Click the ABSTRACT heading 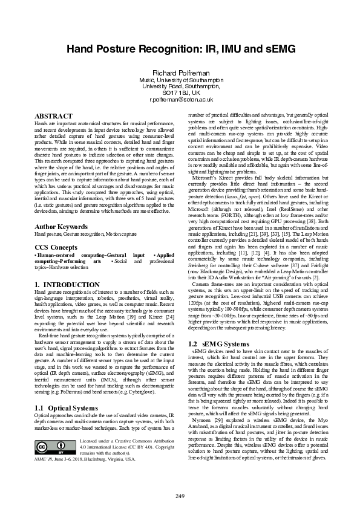click(x=54, y=115)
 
